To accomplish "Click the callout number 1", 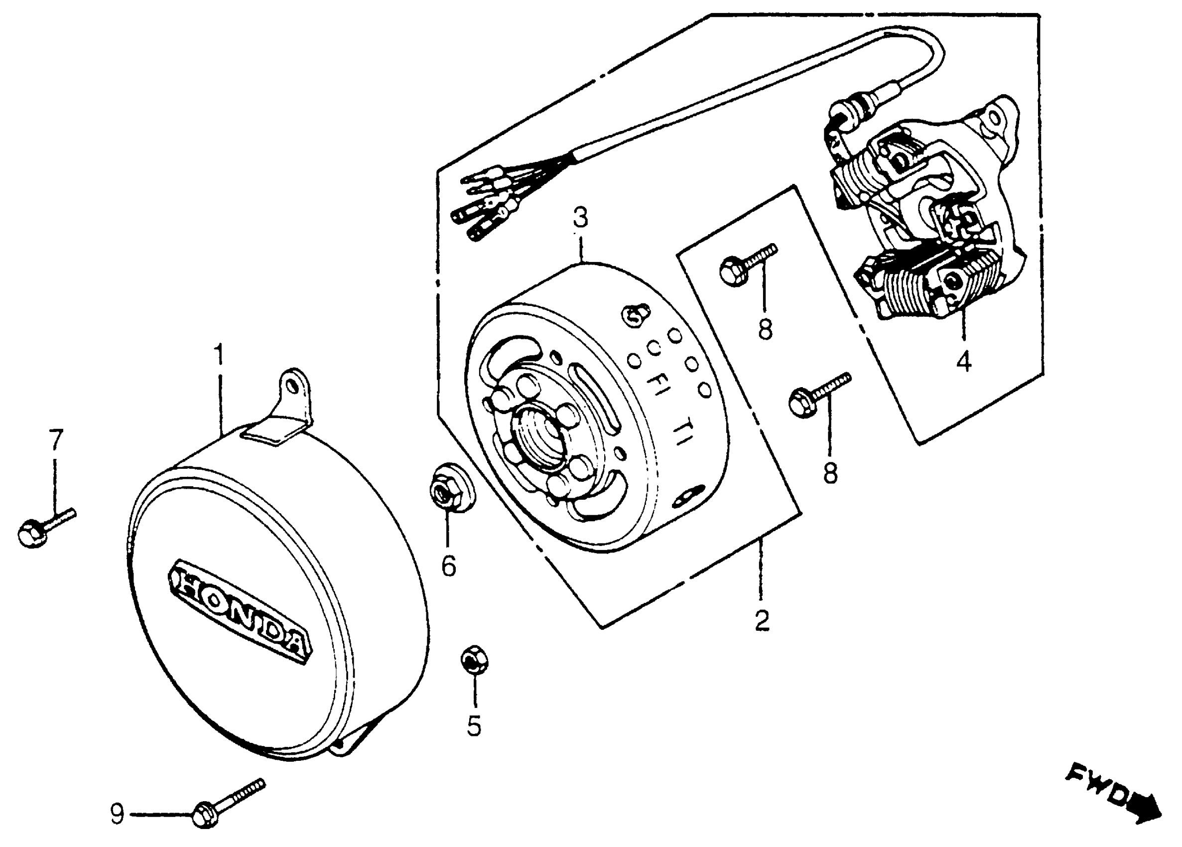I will point(219,354).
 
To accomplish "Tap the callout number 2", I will point(762,620).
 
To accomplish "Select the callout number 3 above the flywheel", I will point(580,218).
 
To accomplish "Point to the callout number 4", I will point(964,361).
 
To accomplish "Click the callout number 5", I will point(474,726).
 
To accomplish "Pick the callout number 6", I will point(449,565).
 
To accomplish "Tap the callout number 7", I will point(56,439).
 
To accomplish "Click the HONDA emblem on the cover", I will point(240,612).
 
